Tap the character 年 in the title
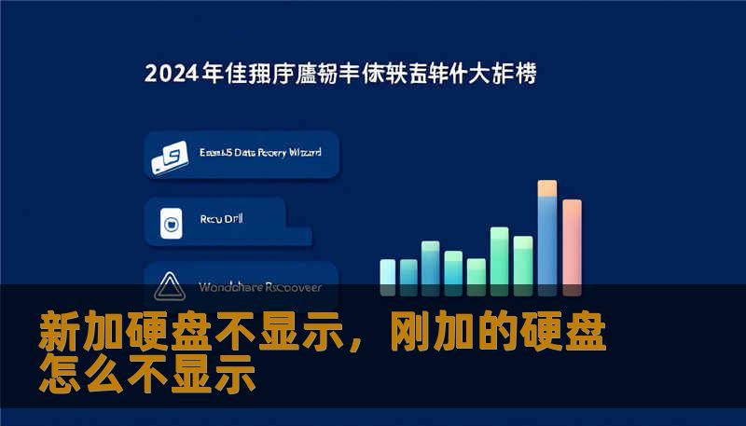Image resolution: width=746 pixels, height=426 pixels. tap(213, 74)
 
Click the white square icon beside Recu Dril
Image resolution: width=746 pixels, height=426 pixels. tap(170, 222)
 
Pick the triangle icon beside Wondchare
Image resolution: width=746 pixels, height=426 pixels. tap(170, 285)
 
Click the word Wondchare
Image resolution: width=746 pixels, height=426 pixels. tap(229, 286)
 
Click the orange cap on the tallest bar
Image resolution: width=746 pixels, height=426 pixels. tap(547, 187)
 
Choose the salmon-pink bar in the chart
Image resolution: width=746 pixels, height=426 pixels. tap(572, 241)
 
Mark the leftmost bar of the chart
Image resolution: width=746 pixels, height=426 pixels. tap(388, 271)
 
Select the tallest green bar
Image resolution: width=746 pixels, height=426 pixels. tap(500, 255)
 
